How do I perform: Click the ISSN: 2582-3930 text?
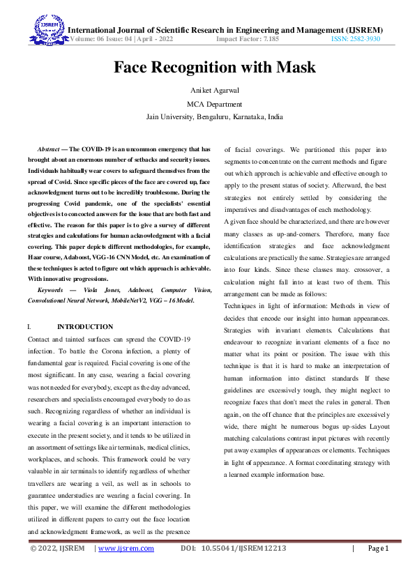coord(356,40)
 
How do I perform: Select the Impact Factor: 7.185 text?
coord(248,40)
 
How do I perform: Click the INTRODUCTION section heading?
coord(85,326)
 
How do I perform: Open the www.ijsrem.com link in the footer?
coord(126,568)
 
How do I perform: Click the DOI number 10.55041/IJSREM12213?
coord(244,568)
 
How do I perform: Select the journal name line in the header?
coord(223,29)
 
